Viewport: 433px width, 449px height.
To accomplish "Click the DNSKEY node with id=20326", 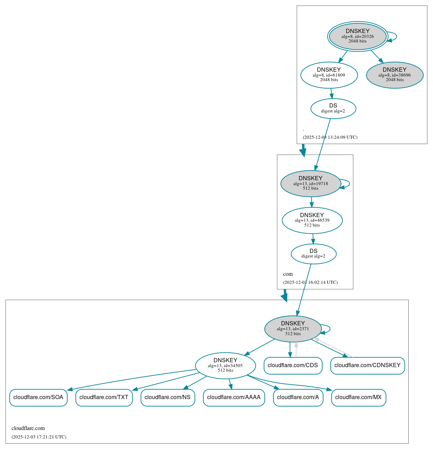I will (x=357, y=36).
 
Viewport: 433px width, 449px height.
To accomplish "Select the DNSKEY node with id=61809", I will (x=329, y=75).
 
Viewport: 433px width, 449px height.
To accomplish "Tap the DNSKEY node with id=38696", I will (x=394, y=75).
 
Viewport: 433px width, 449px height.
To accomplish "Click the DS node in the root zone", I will (x=333, y=109).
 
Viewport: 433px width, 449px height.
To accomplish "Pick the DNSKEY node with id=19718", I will (x=310, y=183).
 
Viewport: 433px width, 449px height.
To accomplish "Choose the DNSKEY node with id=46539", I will (x=312, y=220).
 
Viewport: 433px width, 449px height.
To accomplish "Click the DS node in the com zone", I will (x=313, y=254).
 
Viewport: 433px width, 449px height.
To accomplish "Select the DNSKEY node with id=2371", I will (x=293, y=329).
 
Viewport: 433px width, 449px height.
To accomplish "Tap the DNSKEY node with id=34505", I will (x=225, y=366).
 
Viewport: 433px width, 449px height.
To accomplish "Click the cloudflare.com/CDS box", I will (x=293, y=365).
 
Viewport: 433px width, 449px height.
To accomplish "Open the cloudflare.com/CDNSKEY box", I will (x=367, y=365).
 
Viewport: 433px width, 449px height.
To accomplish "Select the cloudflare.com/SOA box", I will (x=38, y=397).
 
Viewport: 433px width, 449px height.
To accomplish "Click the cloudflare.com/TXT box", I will (x=104, y=397).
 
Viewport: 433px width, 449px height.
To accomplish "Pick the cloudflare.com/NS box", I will (x=167, y=397).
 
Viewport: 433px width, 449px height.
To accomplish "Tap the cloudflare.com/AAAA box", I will (x=234, y=397).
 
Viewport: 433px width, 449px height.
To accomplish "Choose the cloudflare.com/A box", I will (x=298, y=397).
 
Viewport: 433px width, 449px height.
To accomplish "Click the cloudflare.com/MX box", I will (x=358, y=397).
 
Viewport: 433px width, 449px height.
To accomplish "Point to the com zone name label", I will (x=288, y=274).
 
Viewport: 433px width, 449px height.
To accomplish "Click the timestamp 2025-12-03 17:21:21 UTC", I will (x=39, y=437).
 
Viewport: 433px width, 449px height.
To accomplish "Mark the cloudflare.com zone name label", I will (x=28, y=428).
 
